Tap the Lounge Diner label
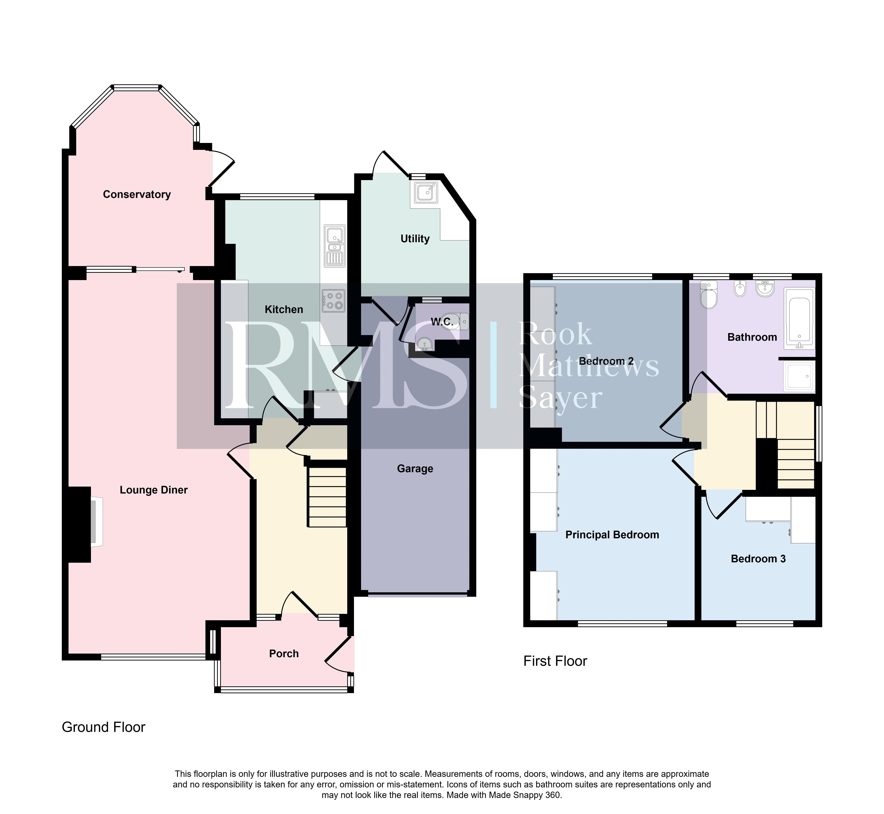(x=153, y=490)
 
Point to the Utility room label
(x=415, y=239)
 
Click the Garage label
(x=415, y=469)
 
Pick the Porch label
(x=284, y=654)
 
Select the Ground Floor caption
(x=104, y=727)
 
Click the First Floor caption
(x=555, y=661)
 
